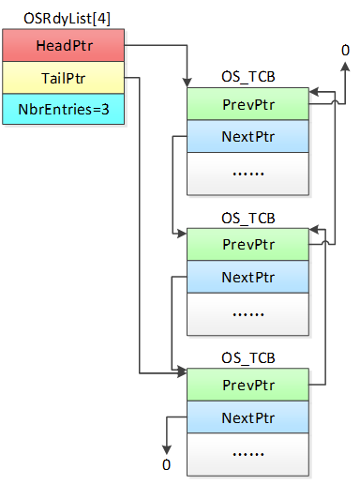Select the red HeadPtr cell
[x=62, y=45]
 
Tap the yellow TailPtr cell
[x=62, y=78]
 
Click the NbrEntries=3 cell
[x=62, y=110]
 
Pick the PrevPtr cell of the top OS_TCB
[x=247, y=103]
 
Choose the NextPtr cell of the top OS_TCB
[x=247, y=137]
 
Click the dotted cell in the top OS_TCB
[x=247, y=173]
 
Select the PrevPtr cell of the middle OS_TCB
[x=247, y=244]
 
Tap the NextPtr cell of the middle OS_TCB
[x=247, y=278]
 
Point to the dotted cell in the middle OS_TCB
[x=247, y=313]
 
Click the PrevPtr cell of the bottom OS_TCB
[x=247, y=385]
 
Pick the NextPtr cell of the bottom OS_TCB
[x=247, y=418]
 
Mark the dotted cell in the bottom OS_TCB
[x=247, y=454]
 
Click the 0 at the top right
[x=345, y=50]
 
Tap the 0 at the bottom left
[x=167, y=465]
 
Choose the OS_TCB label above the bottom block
[x=247, y=357]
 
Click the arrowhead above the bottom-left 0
[x=167, y=448]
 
